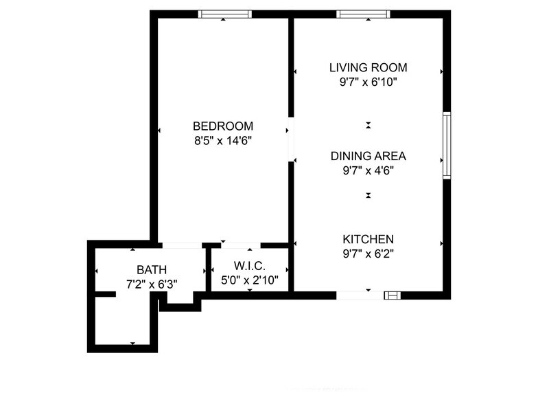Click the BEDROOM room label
pyautogui.click(x=223, y=126)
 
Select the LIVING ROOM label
pyautogui.click(x=369, y=67)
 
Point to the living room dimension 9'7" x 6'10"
pyautogui.click(x=369, y=82)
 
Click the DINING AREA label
pyautogui.click(x=369, y=156)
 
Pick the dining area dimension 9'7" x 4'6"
pyautogui.click(x=369, y=170)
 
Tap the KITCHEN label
pyautogui.click(x=369, y=239)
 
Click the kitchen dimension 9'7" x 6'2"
pyautogui.click(x=369, y=253)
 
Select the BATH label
pyautogui.click(x=151, y=269)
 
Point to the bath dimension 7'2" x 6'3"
pyautogui.click(x=151, y=283)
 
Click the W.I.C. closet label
pyautogui.click(x=249, y=266)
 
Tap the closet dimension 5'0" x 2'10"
pyautogui.click(x=249, y=280)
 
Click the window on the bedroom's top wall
pyautogui.click(x=224, y=14)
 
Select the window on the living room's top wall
pyautogui.click(x=363, y=14)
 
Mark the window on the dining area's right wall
pyautogui.click(x=446, y=146)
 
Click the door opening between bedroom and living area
pyautogui.click(x=291, y=140)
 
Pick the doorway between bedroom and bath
pyautogui.click(x=181, y=245)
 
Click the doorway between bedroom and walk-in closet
pyautogui.click(x=237, y=245)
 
